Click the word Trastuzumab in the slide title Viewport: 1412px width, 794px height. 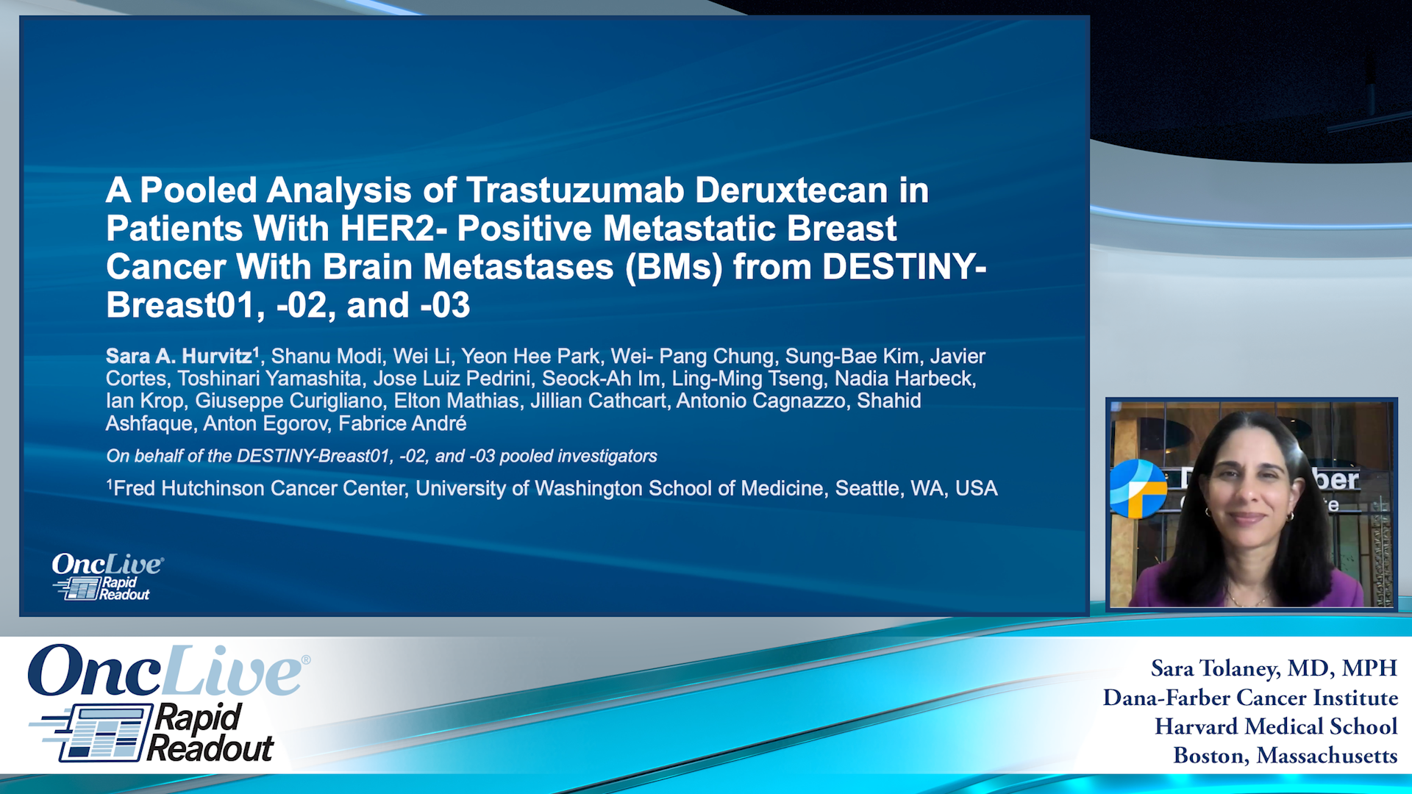pos(575,190)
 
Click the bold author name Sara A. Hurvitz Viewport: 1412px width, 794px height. pos(179,357)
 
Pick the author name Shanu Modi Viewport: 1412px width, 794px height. pos(327,357)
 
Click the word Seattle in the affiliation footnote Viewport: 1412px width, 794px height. pos(867,489)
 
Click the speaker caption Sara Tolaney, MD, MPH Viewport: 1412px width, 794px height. pos(1274,668)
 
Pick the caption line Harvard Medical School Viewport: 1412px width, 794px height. pos(1276,726)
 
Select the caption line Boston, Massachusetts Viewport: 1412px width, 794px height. pos(1286,756)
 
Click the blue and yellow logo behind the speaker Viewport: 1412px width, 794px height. pos(1138,488)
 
